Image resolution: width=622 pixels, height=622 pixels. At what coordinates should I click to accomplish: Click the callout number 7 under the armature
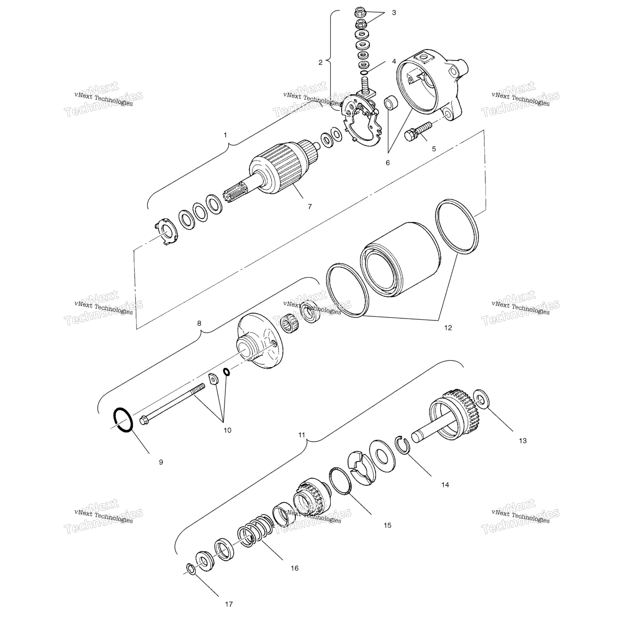pos(309,207)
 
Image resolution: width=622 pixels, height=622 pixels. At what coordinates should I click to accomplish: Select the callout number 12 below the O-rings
pos(448,328)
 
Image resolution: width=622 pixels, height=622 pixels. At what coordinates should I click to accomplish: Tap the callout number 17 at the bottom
pos(229,604)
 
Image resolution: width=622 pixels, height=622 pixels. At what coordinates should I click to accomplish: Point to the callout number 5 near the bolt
pos(434,149)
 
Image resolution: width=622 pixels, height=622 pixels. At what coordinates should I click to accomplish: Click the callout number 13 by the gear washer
pos(522,441)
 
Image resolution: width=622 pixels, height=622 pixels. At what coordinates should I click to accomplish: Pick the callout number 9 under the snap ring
pos(161,462)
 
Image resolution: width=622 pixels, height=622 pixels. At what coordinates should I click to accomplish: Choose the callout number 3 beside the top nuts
pos(394,13)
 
